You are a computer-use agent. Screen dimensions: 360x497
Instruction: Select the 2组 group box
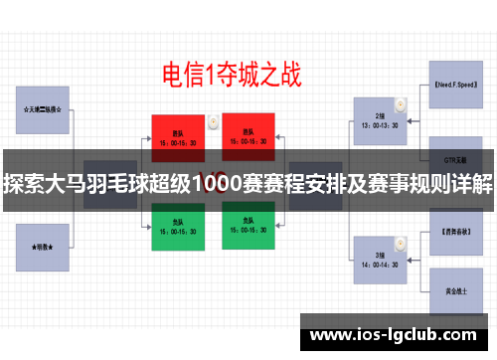[x=382, y=120]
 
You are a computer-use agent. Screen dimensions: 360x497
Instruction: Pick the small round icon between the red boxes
[x=214, y=121]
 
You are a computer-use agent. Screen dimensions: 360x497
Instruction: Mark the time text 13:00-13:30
[x=382, y=126]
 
